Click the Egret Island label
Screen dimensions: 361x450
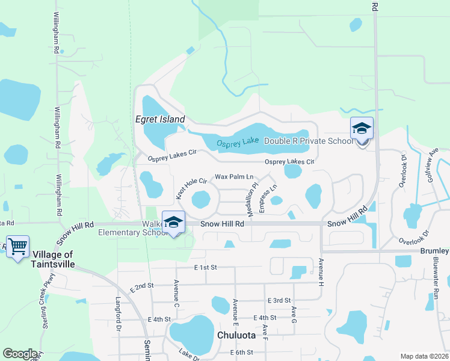[x=159, y=119]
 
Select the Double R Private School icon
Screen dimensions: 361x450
[x=362, y=128]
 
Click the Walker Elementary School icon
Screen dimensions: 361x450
[x=173, y=222]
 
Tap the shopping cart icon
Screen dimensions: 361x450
[x=17, y=245]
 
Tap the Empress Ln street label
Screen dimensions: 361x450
[x=268, y=197]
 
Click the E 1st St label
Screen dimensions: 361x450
[x=205, y=267]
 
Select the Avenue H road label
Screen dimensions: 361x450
[x=321, y=271]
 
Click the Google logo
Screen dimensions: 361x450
[x=20, y=354]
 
